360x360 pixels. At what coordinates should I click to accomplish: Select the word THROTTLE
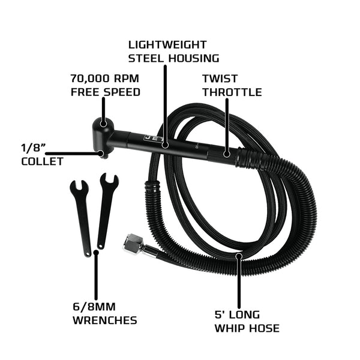pos(232,92)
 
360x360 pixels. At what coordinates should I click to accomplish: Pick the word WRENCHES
pos(104,320)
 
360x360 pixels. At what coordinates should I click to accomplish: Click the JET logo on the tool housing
pos(149,139)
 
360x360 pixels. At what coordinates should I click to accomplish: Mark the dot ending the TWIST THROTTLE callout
pos(226,154)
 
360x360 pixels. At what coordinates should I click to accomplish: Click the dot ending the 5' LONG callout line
pos(239,256)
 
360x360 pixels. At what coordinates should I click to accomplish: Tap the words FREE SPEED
pos(105,92)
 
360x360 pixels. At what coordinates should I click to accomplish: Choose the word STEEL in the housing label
pos(148,59)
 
